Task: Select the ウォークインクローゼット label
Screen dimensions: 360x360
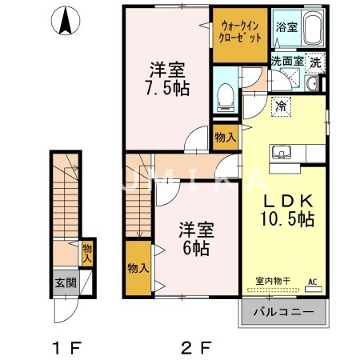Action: pos(239,34)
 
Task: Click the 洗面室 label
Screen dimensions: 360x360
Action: pos(286,61)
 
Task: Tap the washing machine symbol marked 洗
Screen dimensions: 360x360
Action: pos(316,62)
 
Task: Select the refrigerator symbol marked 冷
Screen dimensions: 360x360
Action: pos(281,105)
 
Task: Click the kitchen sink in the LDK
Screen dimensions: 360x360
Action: pos(285,152)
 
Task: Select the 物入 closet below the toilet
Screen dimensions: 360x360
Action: pos(225,137)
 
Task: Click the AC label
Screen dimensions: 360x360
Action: pos(311,281)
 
